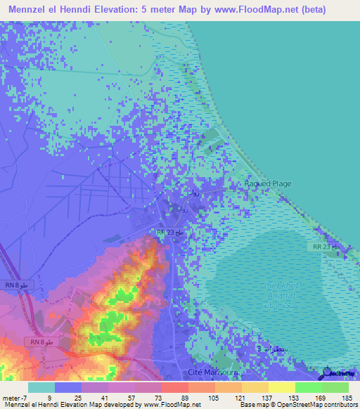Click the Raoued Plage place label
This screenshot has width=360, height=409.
tap(267, 183)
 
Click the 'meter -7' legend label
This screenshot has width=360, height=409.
tap(13, 397)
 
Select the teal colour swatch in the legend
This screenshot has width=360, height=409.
tap(41, 387)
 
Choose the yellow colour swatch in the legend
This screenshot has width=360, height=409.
tap(282, 387)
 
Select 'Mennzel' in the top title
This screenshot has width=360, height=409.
tap(30, 10)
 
